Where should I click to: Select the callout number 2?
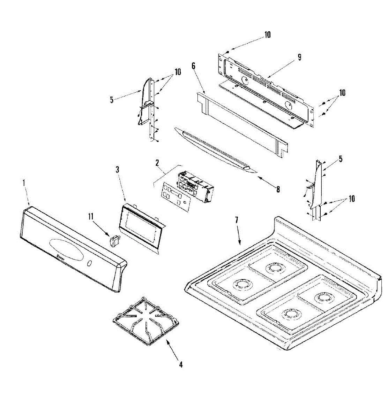157,162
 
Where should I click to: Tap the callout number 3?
118,170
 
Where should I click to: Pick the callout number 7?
237,220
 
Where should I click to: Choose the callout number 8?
278,189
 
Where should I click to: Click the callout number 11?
91,217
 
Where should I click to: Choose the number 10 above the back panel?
267,35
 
